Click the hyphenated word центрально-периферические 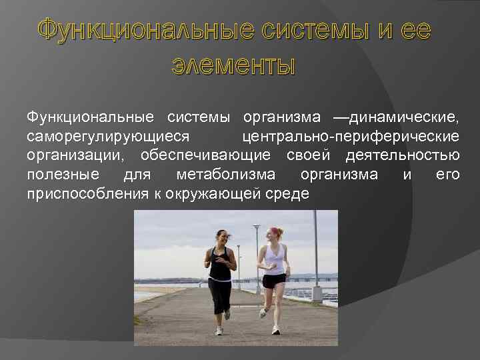tap(351, 137)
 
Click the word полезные tap(63, 175)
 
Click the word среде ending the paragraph tap(288, 194)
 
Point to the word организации tap(77, 155)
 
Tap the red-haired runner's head tap(273, 234)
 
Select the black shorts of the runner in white tap(273, 281)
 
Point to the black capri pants tap(219, 293)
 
